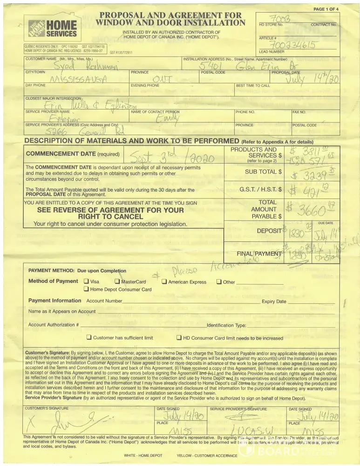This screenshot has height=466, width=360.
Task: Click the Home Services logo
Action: tap(53, 29)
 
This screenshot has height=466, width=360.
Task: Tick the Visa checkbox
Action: tap(86, 282)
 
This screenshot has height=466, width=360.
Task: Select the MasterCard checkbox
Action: tap(117, 282)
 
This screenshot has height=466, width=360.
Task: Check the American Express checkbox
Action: tap(164, 282)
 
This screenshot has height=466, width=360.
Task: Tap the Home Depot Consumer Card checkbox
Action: tap(86, 289)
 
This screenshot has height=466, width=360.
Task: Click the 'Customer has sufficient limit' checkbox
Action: tap(89, 338)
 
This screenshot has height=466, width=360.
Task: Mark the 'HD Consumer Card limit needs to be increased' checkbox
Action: tap(179, 338)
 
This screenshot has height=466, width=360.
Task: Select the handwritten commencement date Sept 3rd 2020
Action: tap(170, 157)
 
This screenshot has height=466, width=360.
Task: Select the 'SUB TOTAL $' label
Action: tap(264, 172)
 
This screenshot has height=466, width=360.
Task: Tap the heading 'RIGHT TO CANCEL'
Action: tap(110, 217)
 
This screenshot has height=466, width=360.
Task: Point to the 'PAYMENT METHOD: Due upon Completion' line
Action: tap(77, 270)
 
